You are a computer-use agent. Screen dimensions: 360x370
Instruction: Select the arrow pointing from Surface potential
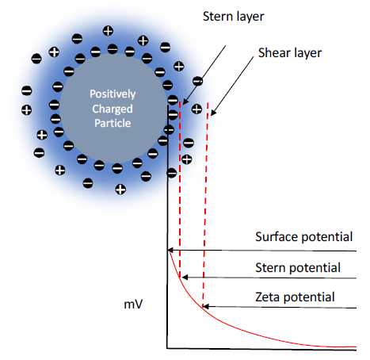coord(261,251)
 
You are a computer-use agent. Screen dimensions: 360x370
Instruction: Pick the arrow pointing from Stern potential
coord(269,278)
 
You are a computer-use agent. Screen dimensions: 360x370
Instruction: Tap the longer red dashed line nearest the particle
coord(181,190)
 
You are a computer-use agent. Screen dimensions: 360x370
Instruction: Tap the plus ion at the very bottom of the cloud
coord(120,189)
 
